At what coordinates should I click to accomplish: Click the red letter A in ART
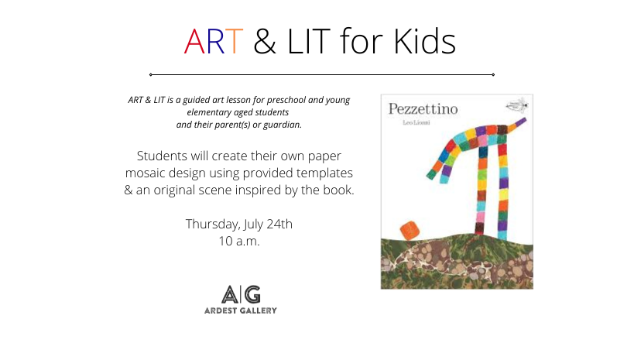194,41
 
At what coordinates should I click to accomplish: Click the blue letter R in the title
215,41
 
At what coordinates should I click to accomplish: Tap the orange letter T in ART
235,41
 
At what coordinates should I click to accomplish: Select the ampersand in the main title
265,41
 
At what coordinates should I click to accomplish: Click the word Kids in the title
424,40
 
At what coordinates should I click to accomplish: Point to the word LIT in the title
309,41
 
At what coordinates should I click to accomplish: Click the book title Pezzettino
423,109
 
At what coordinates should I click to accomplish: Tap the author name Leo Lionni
416,122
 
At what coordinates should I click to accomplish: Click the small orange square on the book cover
410,230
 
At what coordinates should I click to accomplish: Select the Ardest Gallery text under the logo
241,310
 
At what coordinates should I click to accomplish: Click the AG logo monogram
241,294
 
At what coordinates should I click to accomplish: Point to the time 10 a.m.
239,241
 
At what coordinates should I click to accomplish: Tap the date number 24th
279,224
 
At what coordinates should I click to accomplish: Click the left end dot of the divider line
151,75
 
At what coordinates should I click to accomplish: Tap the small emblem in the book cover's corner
517,105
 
